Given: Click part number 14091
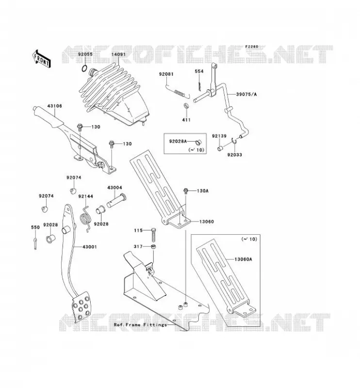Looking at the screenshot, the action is [118, 54].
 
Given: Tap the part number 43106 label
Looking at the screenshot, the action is [54, 106].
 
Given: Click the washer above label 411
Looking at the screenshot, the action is [185, 106].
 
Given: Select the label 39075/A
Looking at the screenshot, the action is [246, 94].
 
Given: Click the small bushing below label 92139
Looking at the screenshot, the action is [220, 148].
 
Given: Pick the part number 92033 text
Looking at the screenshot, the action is [235, 155].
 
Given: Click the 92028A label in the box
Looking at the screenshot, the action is [178, 141].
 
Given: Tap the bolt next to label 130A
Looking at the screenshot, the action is [185, 191].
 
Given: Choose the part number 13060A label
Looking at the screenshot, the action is [243, 259].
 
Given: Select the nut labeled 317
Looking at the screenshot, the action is [153, 246].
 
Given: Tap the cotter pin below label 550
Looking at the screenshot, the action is [35, 243].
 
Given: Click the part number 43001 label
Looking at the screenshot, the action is [90, 247].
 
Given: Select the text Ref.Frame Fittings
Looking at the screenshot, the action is [140, 324].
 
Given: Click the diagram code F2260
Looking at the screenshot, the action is [252, 47].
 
